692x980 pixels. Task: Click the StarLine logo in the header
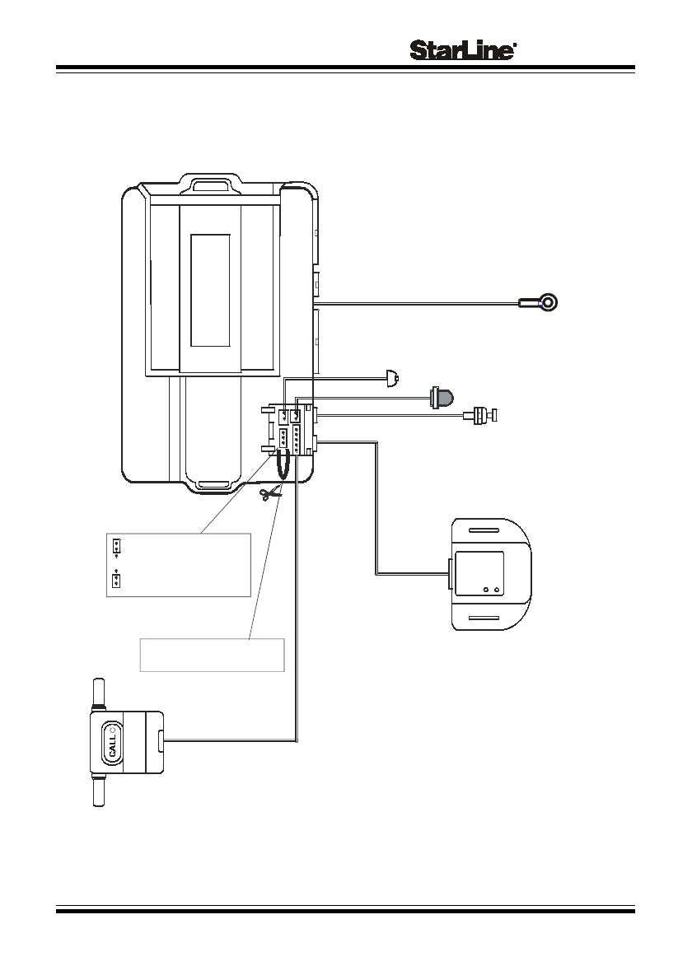(463, 50)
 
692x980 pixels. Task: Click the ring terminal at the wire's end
(548, 302)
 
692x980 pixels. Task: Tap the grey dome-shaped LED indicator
(442, 398)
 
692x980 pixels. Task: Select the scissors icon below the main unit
(271, 495)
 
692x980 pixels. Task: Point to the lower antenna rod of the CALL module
(98, 791)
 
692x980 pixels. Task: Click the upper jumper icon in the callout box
(117, 546)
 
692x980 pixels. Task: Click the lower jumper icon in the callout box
(116, 580)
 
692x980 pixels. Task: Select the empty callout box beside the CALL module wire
(212, 655)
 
